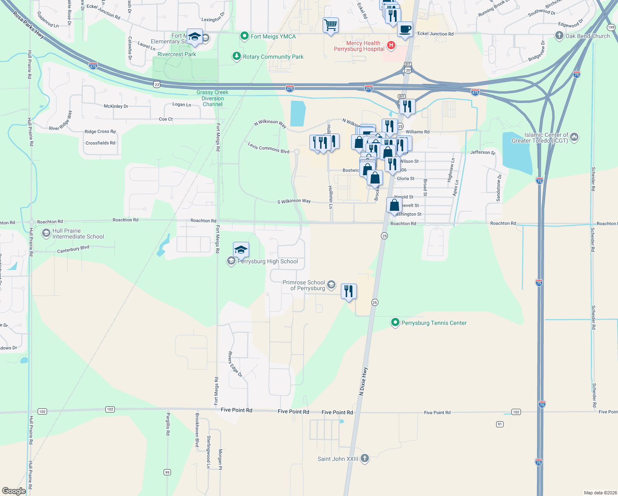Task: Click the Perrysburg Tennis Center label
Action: pyautogui.click(x=434, y=323)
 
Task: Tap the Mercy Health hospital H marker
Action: pyautogui.click(x=391, y=45)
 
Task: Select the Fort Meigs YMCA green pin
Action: pyautogui.click(x=245, y=36)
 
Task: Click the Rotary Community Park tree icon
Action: pyautogui.click(x=236, y=56)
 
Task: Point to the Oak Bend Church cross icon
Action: pyautogui.click(x=559, y=36)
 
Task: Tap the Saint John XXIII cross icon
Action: pyautogui.click(x=364, y=458)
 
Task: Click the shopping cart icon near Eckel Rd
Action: pyautogui.click(x=330, y=26)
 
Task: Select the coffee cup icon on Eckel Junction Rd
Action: pyautogui.click(x=405, y=30)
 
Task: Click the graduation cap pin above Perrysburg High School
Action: pyautogui.click(x=241, y=250)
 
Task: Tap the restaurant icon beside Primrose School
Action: pyautogui.click(x=349, y=291)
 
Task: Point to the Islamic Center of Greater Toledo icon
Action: pyautogui.click(x=574, y=137)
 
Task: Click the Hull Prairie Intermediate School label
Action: pyautogui.click(x=78, y=234)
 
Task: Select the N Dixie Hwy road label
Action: pyautogui.click(x=363, y=382)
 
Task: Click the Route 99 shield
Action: pyautogui.click(x=167, y=472)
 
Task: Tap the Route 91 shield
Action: pyautogui.click(x=500, y=424)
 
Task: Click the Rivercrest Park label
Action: pyautogui.click(x=177, y=54)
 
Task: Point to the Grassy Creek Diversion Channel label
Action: pyautogui.click(x=212, y=98)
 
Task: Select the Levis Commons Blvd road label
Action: pyautogui.click(x=269, y=148)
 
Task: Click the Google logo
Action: pyautogui.click(x=14, y=491)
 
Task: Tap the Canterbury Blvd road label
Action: pyautogui.click(x=73, y=249)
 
